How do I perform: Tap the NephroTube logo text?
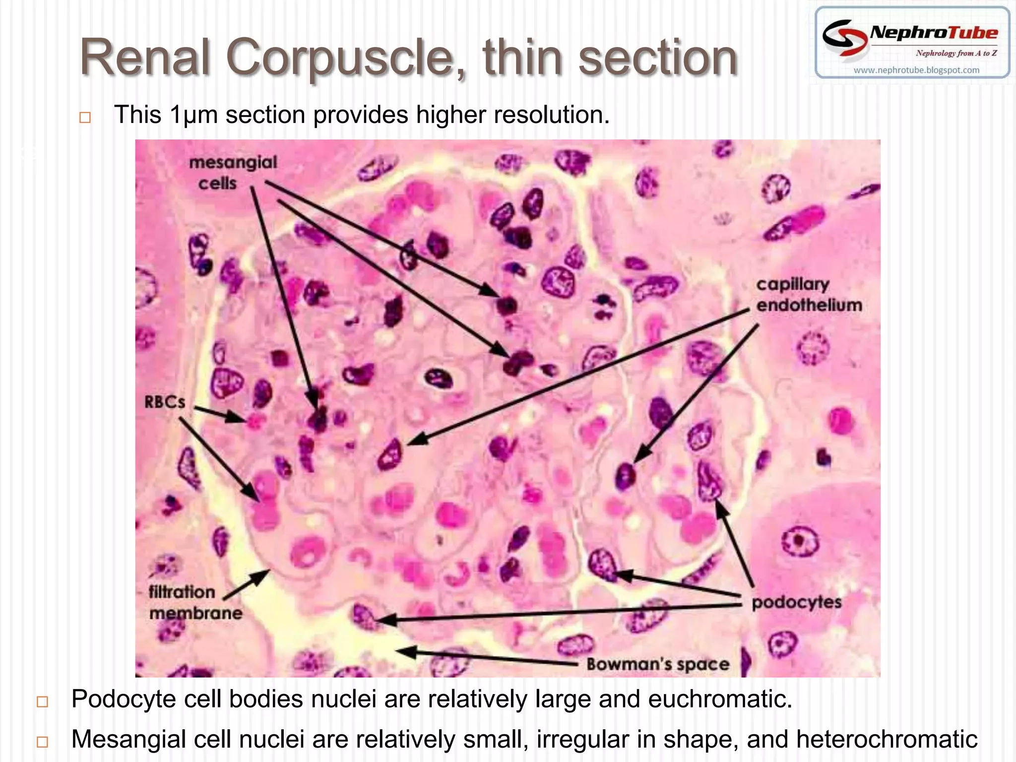[x=934, y=33]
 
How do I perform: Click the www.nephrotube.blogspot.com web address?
[x=916, y=70]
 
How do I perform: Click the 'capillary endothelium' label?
[x=809, y=295]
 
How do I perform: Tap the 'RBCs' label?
[x=165, y=402]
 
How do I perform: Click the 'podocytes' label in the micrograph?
[x=797, y=602]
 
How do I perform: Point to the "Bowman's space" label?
[x=658, y=664]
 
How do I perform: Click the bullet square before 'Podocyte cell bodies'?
[x=43, y=701]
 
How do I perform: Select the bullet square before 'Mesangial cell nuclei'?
[x=43, y=742]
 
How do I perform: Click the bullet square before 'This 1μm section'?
[x=85, y=118]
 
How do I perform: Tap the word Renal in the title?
[x=147, y=58]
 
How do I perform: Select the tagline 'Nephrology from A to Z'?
[x=956, y=53]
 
